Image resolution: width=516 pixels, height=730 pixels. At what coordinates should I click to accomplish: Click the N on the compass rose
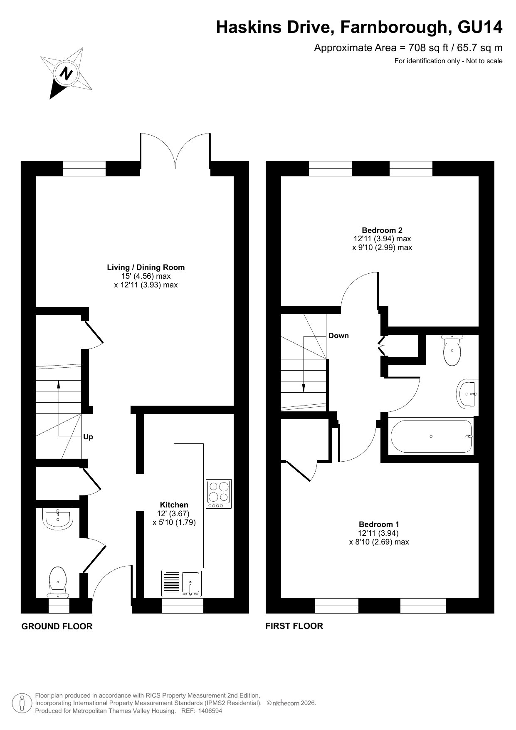[67, 74]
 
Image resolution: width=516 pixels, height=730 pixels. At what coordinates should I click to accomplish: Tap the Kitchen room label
[174, 505]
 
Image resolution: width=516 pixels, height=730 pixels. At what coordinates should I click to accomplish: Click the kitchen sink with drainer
[181, 584]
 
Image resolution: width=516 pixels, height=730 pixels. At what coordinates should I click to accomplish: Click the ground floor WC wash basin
[58, 518]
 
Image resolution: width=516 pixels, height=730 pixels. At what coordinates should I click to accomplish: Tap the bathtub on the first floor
[431, 436]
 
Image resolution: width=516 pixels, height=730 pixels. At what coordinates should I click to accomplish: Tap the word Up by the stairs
[88, 437]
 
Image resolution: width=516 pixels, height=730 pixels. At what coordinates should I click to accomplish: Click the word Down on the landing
[338, 336]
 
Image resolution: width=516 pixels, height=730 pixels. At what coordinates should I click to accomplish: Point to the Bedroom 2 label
[382, 230]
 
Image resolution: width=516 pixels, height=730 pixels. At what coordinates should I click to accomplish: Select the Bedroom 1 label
[379, 525]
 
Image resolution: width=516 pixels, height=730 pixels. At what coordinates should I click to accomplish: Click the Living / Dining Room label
[146, 267]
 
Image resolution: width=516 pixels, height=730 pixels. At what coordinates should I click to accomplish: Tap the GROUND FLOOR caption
[57, 626]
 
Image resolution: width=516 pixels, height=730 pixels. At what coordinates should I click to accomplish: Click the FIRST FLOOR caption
[294, 626]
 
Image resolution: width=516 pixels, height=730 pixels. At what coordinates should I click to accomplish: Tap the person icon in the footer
[22, 703]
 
